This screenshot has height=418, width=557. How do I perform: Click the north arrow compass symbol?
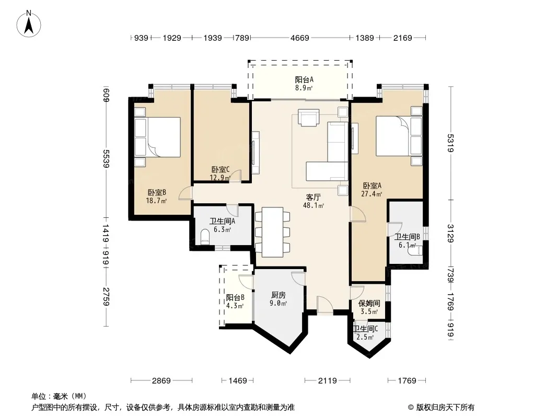click(x=29, y=24)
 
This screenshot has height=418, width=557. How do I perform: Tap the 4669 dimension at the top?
click(x=300, y=38)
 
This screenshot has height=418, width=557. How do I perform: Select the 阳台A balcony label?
click(x=305, y=80)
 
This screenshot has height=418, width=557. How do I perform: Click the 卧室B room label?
click(x=157, y=192)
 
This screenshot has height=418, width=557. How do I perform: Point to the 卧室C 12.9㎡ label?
click(x=221, y=173)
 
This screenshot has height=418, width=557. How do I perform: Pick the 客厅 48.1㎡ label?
click(x=314, y=201)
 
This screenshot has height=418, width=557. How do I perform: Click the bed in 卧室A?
click(x=399, y=136)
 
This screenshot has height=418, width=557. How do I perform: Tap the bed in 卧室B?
click(x=158, y=137)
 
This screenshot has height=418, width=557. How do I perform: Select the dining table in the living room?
click(x=272, y=232)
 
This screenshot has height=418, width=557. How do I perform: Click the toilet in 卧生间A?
click(x=205, y=237)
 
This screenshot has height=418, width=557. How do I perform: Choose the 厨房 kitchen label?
click(x=278, y=295)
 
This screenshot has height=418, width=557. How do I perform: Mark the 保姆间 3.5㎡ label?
click(x=369, y=307)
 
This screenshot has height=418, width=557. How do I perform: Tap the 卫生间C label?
click(x=366, y=329)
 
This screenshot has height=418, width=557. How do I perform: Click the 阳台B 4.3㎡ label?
click(x=235, y=301)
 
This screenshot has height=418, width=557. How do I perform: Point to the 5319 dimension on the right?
click(x=451, y=143)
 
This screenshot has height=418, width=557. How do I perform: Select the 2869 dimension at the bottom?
click(x=161, y=381)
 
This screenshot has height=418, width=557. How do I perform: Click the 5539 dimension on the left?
click(x=106, y=159)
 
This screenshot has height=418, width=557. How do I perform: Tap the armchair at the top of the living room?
click(x=308, y=118)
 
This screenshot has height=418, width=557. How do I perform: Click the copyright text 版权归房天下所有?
click(x=445, y=408)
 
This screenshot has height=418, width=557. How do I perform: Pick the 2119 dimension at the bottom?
click(x=327, y=381)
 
